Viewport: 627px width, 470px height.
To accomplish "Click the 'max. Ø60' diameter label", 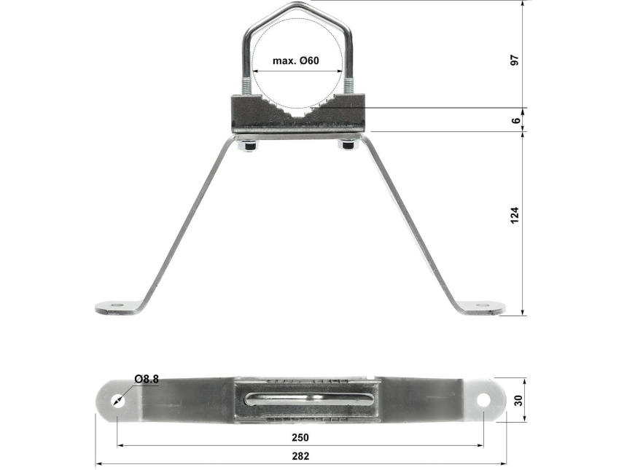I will (x=295, y=60).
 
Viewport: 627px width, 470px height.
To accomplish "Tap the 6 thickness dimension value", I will (x=516, y=120).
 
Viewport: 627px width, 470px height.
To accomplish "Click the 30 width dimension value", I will (x=518, y=400).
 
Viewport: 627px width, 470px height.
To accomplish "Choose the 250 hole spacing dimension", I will (x=299, y=438).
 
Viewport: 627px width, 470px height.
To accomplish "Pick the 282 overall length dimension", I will (x=300, y=456).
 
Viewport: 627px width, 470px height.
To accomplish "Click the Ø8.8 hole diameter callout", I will (x=146, y=379).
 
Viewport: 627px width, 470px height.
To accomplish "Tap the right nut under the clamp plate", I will (x=348, y=146).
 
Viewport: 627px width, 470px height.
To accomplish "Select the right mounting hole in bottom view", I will (x=483, y=399).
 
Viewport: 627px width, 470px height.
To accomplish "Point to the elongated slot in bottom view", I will (x=309, y=399).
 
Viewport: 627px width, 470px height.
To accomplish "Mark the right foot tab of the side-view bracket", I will (x=481, y=308).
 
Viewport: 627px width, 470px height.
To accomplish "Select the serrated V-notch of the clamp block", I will (x=298, y=111).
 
